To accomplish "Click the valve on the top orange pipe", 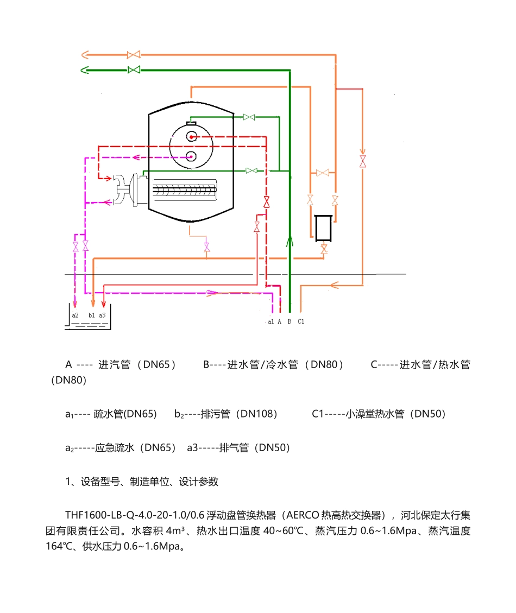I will [x=133, y=55].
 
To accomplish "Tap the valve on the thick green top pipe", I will [x=133, y=70].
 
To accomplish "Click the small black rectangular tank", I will [x=323, y=226].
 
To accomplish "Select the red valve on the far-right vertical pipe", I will [x=362, y=161].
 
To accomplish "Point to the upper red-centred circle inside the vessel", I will [x=191, y=136].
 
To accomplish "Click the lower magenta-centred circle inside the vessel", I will [x=191, y=157].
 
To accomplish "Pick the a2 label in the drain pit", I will [x=75, y=315].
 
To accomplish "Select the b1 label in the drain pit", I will [x=91, y=315].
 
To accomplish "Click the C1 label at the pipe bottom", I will [x=301, y=321].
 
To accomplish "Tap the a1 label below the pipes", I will [x=271, y=321].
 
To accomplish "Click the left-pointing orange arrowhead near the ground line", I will [x=335, y=284].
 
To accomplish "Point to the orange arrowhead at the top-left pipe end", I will [x=85, y=55].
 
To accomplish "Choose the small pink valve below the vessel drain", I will [x=206, y=248].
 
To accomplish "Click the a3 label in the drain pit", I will [x=103, y=315].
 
